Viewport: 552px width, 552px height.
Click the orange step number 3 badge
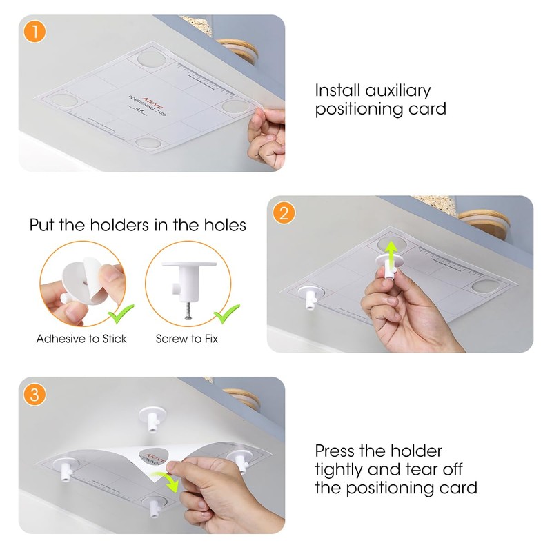click(33, 395)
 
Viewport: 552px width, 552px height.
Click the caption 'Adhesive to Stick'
click(81, 339)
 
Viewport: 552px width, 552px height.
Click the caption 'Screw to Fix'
click(188, 339)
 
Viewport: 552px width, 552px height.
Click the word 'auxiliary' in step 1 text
click(396, 90)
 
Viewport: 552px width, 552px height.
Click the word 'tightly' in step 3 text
click(346, 470)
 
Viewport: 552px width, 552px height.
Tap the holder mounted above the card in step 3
click(150, 418)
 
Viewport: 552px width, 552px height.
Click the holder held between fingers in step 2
click(387, 266)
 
